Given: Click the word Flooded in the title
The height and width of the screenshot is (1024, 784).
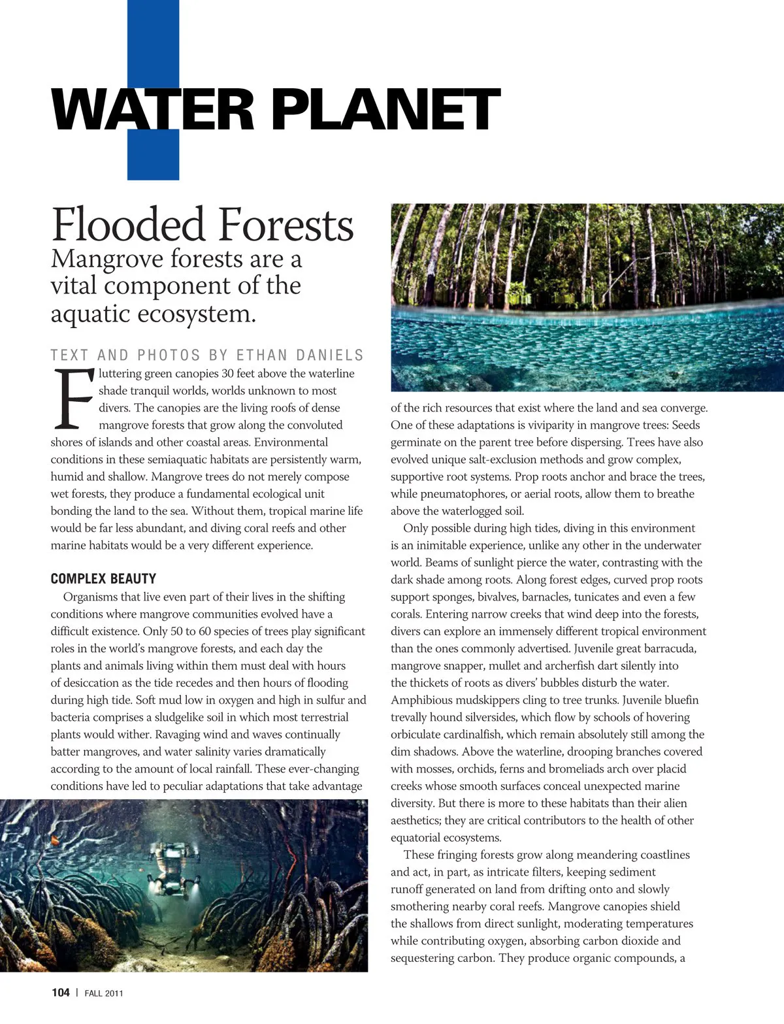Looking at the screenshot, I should pyautogui.click(x=128, y=225).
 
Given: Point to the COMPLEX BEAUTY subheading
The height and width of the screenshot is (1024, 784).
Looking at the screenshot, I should pyautogui.click(x=103, y=578).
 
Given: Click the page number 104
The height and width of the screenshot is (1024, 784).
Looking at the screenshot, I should pyautogui.click(x=60, y=993).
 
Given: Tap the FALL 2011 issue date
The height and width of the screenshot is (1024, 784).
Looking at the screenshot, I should pyautogui.click(x=104, y=993).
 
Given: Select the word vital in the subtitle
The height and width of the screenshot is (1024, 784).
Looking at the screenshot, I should pyautogui.click(x=73, y=286).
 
